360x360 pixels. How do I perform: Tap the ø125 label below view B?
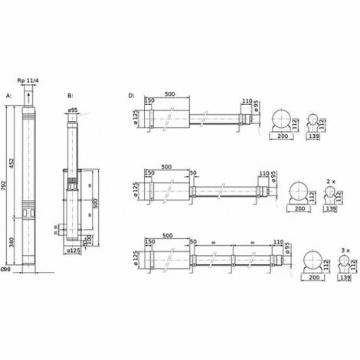74,250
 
